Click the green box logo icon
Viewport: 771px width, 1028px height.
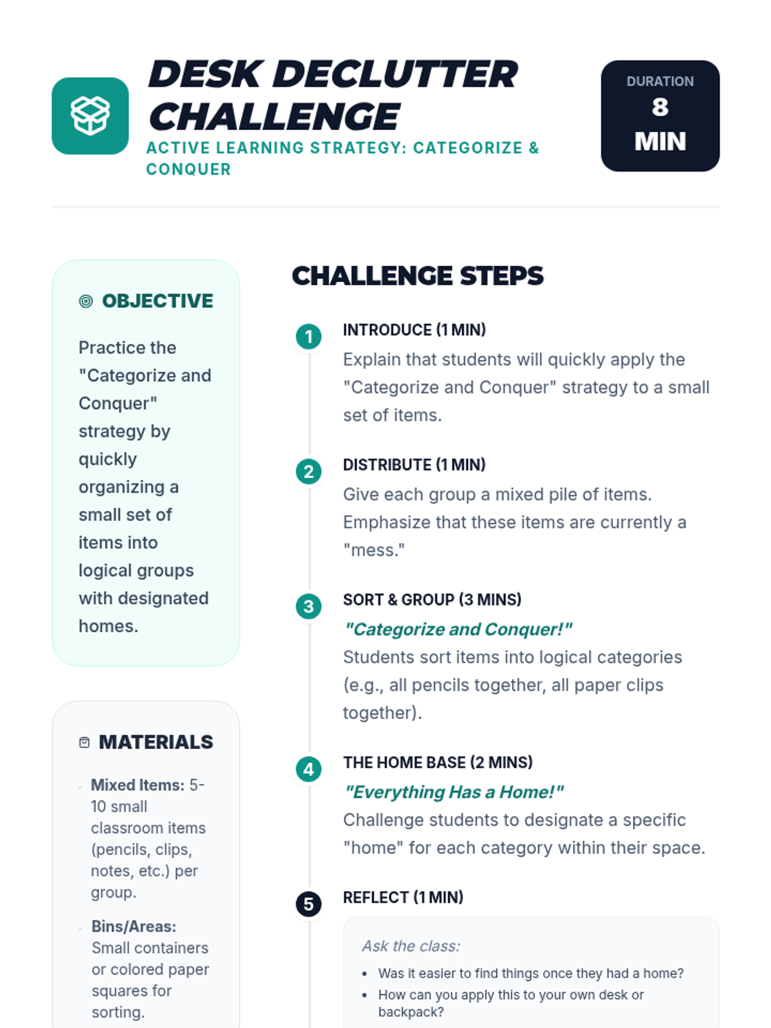(90, 116)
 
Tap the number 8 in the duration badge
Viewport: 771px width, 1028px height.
(660, 107)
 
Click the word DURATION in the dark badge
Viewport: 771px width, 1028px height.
(660, 82)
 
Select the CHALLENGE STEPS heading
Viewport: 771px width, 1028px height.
(418, 276)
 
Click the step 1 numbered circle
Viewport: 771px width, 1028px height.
(308, 336)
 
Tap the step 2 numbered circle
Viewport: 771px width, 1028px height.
(308, 472)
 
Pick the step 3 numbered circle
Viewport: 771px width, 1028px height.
(308, 607)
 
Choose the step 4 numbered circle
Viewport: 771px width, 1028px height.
(308, 769)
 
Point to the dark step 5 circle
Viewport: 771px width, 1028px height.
(308, 904)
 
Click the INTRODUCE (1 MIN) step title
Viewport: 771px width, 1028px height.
(414, 330)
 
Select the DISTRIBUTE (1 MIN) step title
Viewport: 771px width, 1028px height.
(414, 465)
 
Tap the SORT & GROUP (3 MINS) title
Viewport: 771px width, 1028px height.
(432, 600)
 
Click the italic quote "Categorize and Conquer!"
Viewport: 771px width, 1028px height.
(458, 630)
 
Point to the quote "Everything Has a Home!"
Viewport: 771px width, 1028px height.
(454, 792)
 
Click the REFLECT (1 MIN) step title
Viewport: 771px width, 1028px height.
(403, 898)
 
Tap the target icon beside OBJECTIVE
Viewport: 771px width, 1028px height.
(85, 301)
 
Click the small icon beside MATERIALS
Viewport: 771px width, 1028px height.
(84, 743)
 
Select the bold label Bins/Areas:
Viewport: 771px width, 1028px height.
(134, 926)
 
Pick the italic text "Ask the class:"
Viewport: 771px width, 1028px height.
(411, 946)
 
